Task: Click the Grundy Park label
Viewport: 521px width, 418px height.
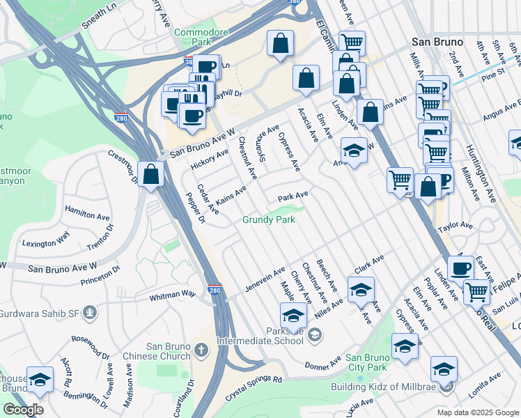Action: pyautogui.click(x=269, y=219)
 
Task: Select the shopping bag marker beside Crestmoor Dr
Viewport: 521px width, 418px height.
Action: pyautogui.click(x=151, y=176)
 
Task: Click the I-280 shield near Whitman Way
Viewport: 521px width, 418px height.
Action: pyautogui.click(x=215, y=289)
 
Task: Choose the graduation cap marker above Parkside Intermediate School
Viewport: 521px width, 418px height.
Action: pyautogui.click(x=293, y=316)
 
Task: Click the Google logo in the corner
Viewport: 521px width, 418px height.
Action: pyautogui.click(x=23, y=409)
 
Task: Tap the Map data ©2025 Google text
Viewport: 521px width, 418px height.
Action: pyautogui.click(x=477, y=412)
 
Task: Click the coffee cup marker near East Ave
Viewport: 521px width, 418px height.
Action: pyautogui.click(x=460, y=269)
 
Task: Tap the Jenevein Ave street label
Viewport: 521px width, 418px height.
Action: pyautogui.click(x=265, y=279)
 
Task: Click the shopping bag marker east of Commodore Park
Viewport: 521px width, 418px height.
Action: pyautogui.click(x=279, y=44)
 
